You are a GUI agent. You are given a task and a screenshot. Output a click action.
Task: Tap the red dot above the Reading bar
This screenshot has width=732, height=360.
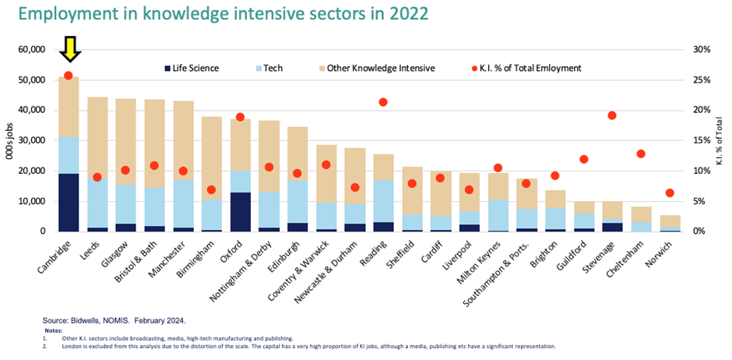coord(382,102)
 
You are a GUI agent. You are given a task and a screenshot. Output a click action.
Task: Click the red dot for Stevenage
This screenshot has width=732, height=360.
coord(612,115)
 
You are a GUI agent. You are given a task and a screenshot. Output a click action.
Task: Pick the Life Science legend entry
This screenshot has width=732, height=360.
coord(190,68)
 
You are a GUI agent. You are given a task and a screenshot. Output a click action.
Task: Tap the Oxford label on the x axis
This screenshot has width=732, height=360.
coord(234,249)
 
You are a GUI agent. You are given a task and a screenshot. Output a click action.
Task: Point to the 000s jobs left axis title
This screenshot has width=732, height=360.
coord(10,140)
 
